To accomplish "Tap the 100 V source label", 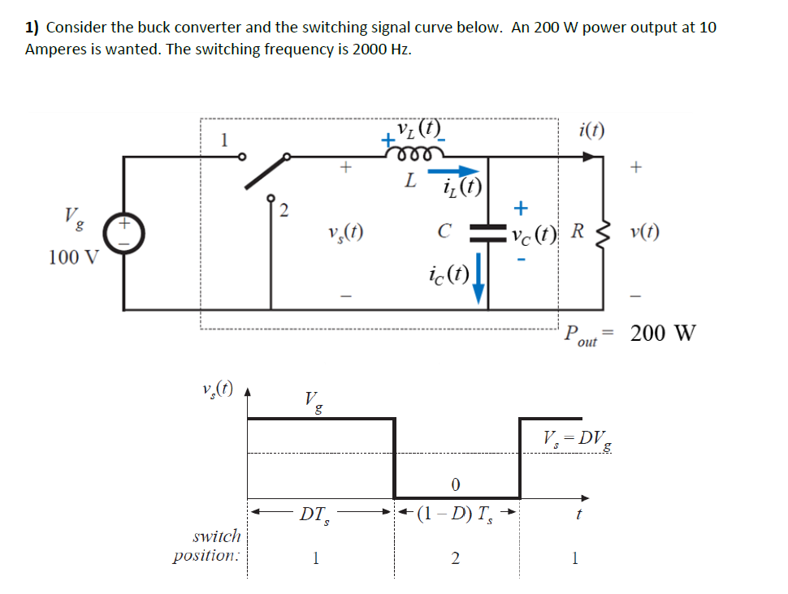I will pyautogui.click(x=72, y=258).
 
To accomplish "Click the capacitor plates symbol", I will pyautogui.click(x=487, y=233).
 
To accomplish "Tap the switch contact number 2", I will pyautogui.click(x=283, y=213).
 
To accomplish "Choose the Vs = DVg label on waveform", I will pyautogui.click(x=578, y=439).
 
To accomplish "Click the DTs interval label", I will pyautogui.click(x=314, y=513).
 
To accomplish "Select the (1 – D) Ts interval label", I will pyautogui.click(x=453, y=513).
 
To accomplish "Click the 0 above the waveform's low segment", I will pyautogui.click(x=455, y=484).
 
